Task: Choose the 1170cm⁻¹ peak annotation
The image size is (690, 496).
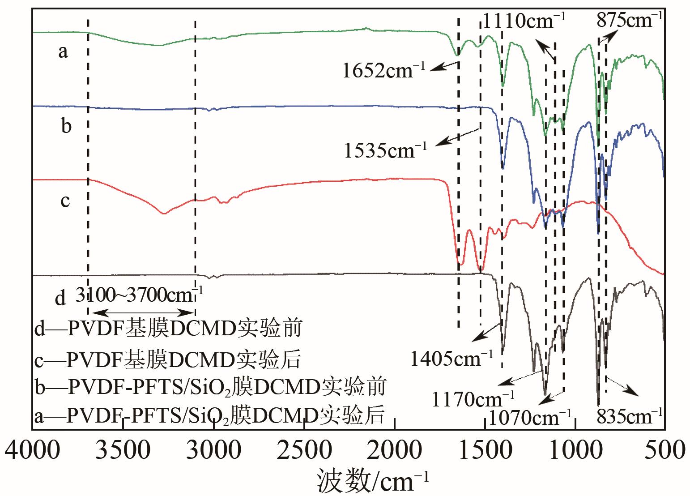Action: [x=473, y=398]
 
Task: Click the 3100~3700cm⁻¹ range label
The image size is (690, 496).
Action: [x=139, y=295]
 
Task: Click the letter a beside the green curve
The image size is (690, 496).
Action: [x=63, y=51]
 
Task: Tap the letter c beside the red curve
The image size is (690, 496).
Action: [x=65, y=201]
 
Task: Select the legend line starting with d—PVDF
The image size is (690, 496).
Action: [x=168, y=329]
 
